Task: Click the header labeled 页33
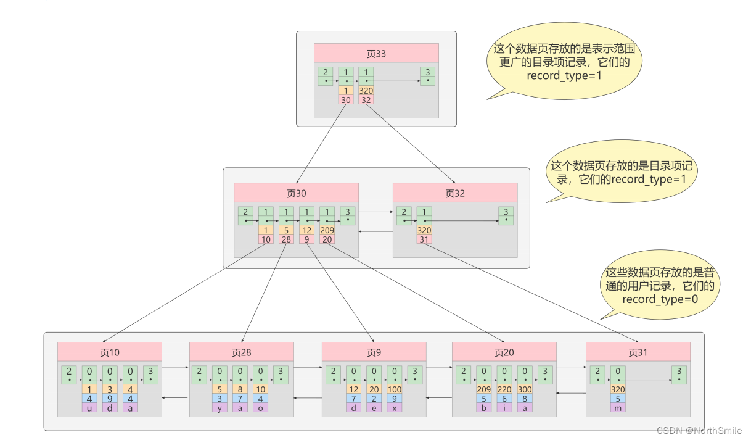pos(376,53)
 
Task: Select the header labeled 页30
pos(296,193)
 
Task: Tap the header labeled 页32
pos(455,193)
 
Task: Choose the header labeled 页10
pos(110,352)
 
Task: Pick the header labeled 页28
pos(242,352)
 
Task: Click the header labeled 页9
pos(374,352)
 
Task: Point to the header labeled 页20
pos(504,352)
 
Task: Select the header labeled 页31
pos(638,352)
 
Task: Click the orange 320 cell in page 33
pos(366,91)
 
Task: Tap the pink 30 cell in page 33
pos(346,100)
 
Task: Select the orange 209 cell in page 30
pos(327,230)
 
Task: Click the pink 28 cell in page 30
pos(286,239)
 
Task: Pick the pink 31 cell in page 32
pos(424,239)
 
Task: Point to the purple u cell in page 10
pos(89,408)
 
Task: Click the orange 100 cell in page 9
pos(394,389)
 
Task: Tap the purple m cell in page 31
pos(618,408)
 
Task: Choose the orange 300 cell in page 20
pos(524,389)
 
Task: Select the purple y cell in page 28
pos(220,408)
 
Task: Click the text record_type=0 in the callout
pos(660,299)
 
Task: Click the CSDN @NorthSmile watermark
pos(699,430)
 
